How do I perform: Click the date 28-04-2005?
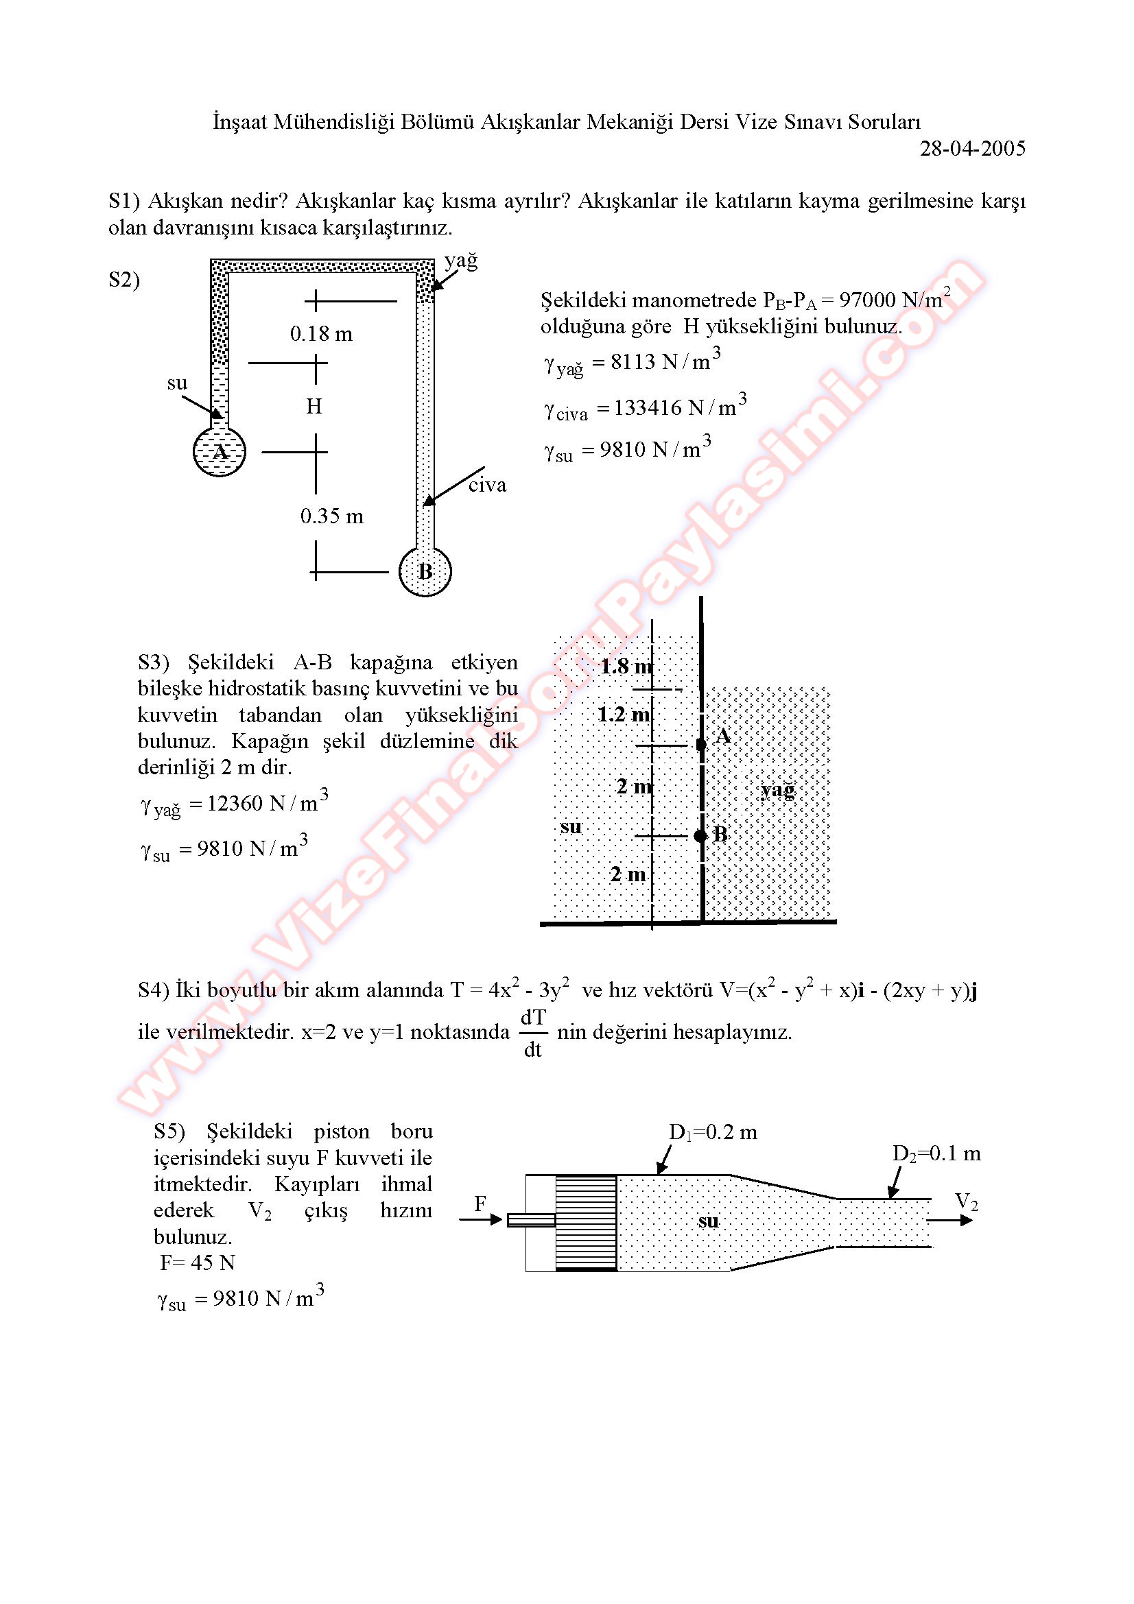(972, 149)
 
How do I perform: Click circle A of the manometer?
(220, 451)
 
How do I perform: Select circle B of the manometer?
(425, 571)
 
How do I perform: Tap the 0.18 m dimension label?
(322, 334)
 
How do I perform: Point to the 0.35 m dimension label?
(332, 516)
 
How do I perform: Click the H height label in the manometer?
(314, 406)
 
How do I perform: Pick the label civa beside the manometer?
(487, 485)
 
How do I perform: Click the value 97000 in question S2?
(867, 300)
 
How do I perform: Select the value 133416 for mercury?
(648, 407)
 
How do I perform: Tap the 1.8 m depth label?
(626, 666)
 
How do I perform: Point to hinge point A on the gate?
(702, 745)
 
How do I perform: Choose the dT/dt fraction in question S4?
(533, 1033)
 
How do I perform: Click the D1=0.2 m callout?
(713, 1132)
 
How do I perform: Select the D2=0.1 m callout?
(936, 1153)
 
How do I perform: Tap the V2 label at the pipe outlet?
(967, 1201)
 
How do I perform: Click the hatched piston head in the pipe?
(585, 1222)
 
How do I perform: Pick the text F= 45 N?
(198, 1262)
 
